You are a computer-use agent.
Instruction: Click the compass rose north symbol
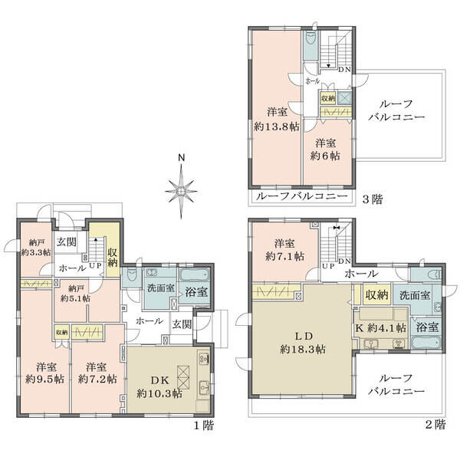point(181,192)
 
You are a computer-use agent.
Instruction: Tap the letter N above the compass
point(182,158)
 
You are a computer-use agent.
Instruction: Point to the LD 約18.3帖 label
point(303,343)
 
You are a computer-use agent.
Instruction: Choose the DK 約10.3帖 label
point(159,386)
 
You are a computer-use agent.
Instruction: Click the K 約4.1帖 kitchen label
point(380,327)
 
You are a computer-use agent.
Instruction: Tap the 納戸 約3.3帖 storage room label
point(36,248)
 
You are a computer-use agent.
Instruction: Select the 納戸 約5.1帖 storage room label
point(75,294)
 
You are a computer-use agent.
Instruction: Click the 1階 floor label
point(204,426)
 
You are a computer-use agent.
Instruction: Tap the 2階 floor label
point(435,424)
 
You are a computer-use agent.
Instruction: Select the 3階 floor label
point(373,200)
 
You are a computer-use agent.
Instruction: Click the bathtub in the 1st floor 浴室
point(194,276)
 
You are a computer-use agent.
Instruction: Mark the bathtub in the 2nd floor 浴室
point(426,342)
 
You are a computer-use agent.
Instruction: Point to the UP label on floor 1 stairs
point(95,266)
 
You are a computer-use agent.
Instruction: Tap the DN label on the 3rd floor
point(344,70)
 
